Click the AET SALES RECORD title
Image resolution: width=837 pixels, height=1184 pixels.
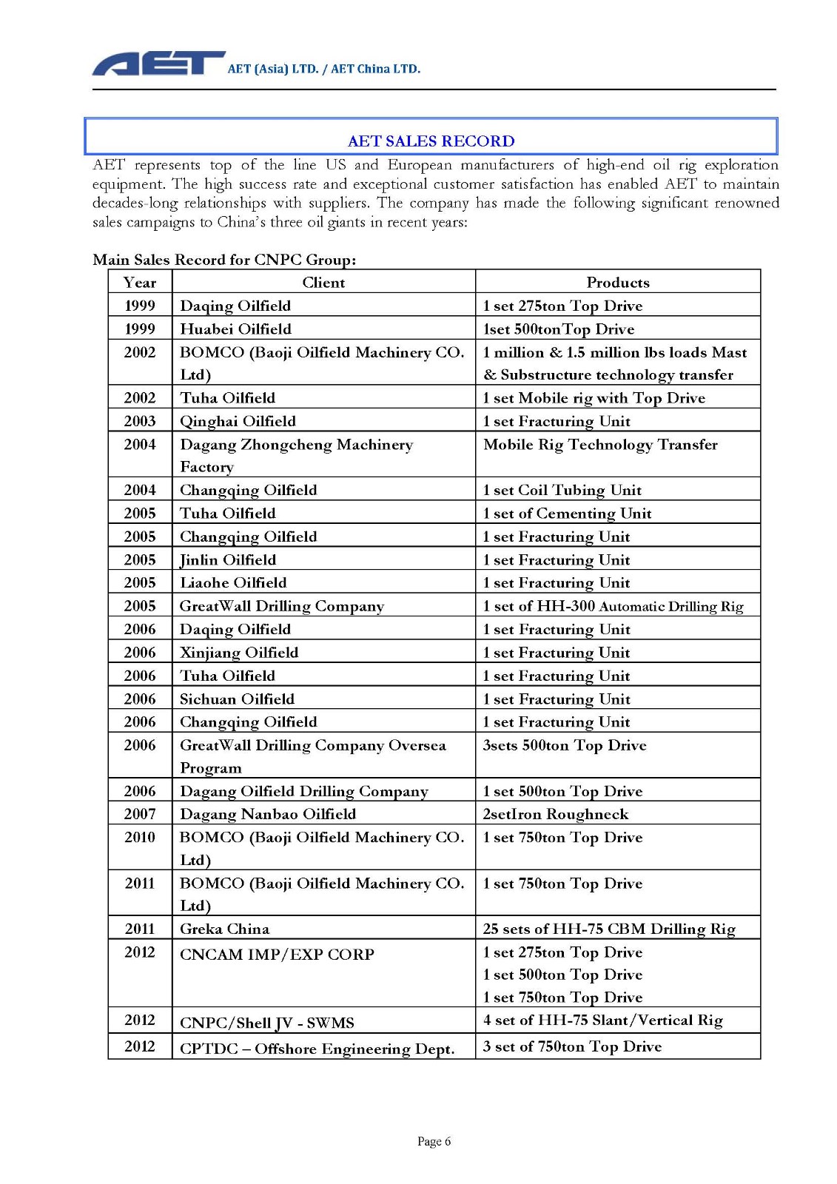click(431, 141)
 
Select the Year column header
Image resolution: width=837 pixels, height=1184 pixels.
click(140, 282)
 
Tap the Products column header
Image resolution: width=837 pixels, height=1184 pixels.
click(617, 282)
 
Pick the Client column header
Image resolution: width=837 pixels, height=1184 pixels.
click(323, 282)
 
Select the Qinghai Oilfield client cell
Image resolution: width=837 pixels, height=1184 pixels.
click(238, 421)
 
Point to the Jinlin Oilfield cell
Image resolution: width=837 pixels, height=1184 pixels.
click(228, 559)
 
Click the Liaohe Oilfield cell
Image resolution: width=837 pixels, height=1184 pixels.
click(233, 582)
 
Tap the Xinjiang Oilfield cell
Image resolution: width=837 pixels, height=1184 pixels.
click(239, 652)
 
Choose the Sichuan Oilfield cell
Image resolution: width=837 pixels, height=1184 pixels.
click(237, 699)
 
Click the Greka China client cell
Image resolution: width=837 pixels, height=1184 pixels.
click(224, 929)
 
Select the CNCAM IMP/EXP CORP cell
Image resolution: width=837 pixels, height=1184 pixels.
click(277, 955)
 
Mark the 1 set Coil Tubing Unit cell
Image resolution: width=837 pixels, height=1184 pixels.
click(562, 490)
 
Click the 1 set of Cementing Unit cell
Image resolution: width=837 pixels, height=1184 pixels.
click(567, 513)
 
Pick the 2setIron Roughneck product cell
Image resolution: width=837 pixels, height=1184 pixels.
click(555, 814)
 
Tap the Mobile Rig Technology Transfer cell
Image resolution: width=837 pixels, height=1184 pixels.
click(600, 444)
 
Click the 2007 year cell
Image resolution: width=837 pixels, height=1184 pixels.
click(140, 814)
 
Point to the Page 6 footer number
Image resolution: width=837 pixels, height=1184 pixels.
click(434, 1141)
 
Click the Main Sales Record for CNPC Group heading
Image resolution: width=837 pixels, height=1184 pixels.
click(224, 259)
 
